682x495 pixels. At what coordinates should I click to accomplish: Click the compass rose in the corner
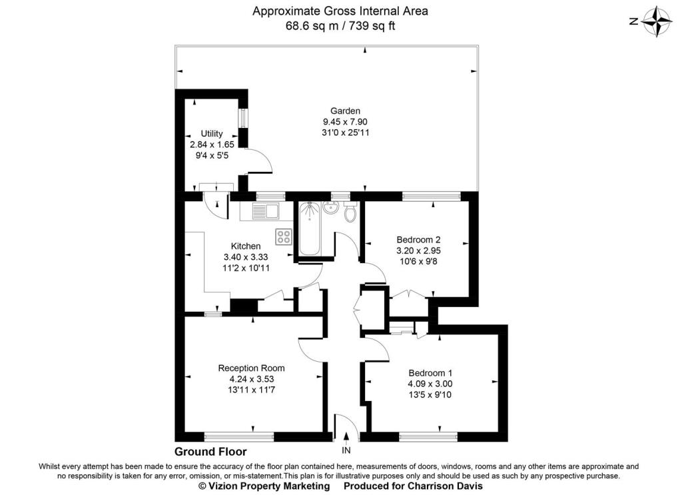[x=658, y=21]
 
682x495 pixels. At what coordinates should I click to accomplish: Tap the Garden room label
[x=345, y=111]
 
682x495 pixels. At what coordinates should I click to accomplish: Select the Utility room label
[x=207, y=134]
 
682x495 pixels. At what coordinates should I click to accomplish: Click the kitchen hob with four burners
[x=284, y=236]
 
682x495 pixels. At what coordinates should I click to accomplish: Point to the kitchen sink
[x=266, y=211]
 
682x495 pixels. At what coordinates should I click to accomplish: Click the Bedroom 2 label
[x=418, y=240]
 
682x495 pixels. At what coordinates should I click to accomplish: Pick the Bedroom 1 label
[x=430, y=373]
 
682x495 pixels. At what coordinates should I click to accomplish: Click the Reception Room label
[x=251, y=368]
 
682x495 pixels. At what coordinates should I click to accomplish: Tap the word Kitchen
[x=246, y=246]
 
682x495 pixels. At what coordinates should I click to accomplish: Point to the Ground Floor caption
[x=210, y=451]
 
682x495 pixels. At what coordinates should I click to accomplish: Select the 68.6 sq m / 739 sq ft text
[x=340, y=26]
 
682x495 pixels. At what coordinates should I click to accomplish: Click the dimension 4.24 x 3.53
[x=251, y=379]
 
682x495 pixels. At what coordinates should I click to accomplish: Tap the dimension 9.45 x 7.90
[x=345, y=122]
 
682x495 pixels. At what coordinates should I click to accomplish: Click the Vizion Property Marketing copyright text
[x=264, y=486]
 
